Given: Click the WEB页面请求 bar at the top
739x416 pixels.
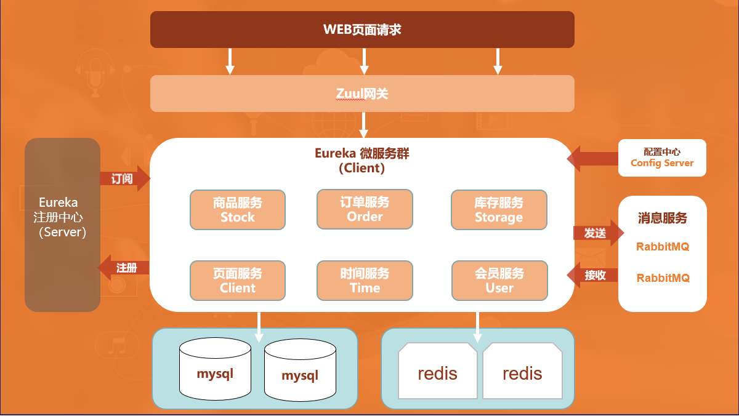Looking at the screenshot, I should pyautogui.click(x=362, y=29).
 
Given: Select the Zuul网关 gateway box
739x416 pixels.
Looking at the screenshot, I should pyautogui.click(x=362, y=94).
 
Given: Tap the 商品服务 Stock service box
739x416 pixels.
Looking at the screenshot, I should pyautogui.click(x=238, y=210).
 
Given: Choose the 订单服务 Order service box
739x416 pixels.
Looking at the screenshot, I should pyautogui.click(x=365, y=209).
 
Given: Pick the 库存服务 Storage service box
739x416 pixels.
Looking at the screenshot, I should pyautogui.click(x=499, y=210).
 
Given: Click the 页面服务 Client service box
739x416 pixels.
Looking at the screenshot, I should pyautogui.click(x=238, y=281).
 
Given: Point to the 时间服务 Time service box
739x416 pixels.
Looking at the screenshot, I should pyautogui.click(x=365, y=281).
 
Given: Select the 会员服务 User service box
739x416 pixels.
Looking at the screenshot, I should pyautogui.click(x=499, y=281).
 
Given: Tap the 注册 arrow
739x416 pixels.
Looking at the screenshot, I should pyautogui.click(x=124, y=268).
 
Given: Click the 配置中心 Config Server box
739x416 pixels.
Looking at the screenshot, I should pyautogui.click(x=662, y=158).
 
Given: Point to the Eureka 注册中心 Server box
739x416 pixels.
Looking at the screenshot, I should pyautogui.click(x=62, y=225).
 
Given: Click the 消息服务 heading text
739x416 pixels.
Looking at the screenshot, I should pyautogui.click(x=662, y=218).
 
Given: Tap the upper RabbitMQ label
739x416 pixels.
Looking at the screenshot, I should pyautogui.click(x=663, y=247).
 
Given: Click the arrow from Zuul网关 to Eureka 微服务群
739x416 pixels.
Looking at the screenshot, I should pyautogui.click(x=363, y=125).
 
